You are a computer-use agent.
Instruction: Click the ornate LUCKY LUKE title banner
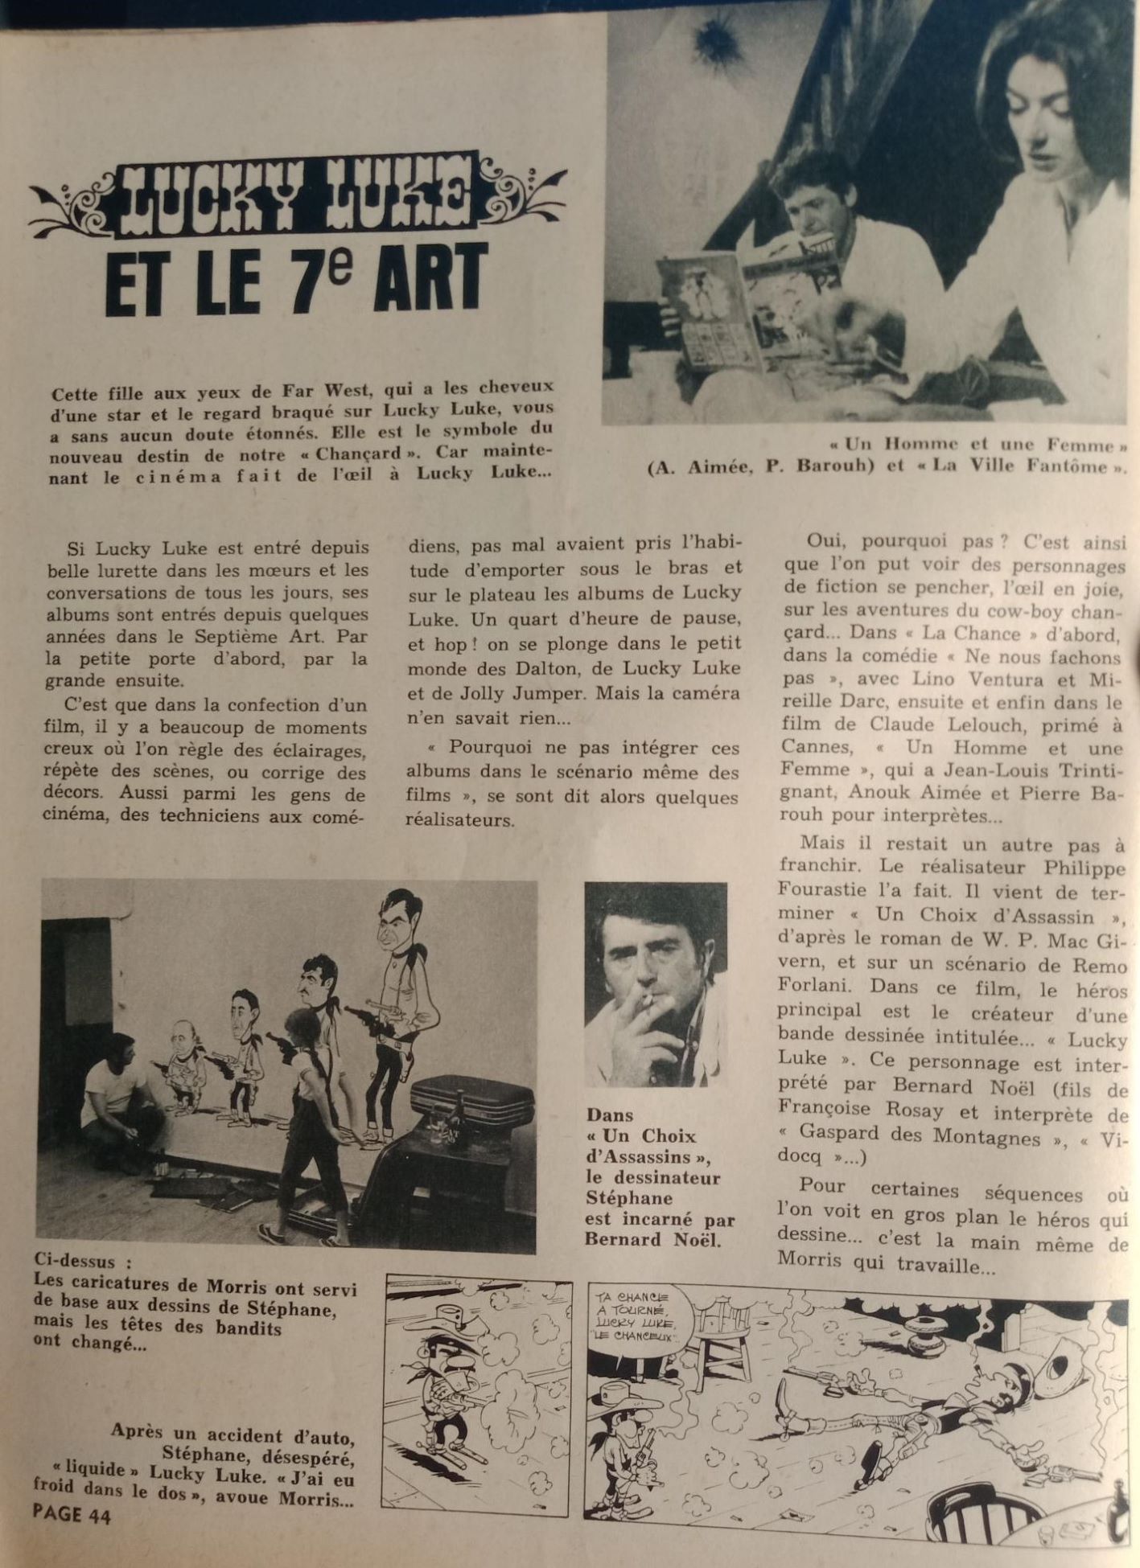click(298, 196)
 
